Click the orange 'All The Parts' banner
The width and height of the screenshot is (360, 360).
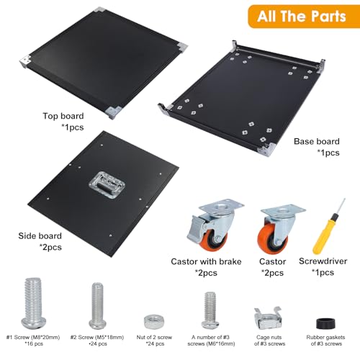[x=304, y=17]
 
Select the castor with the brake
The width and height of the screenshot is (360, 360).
[x=214, y=225]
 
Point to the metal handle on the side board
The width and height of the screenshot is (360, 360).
[x=107, y=185]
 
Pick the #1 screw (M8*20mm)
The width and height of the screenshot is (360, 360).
[x=33, y=303]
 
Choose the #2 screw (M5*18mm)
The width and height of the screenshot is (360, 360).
[x=98, y=306]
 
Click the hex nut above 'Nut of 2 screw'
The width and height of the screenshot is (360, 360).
[x=154, y=322]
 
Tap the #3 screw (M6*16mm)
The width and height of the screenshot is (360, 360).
[x=210, y=310]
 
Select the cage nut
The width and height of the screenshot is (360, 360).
[x=268, y=318]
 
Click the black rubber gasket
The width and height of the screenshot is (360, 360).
[x=325, y=323]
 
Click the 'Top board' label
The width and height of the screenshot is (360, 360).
[x=63, y=116]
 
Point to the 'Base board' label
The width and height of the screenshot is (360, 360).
[x=317, y=141]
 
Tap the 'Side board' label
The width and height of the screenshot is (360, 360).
[x=40, y=236]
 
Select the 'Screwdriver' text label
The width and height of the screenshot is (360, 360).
[x=323, y=261]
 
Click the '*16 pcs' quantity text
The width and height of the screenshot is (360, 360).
[x=34, y=344]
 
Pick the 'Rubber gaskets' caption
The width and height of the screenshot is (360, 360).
[x=325, y=337]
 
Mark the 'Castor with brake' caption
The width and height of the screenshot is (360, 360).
[x=206, y=261]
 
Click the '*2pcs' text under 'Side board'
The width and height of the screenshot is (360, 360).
[x=50, y=247]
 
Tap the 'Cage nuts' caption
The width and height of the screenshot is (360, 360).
[x=269, y=337]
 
